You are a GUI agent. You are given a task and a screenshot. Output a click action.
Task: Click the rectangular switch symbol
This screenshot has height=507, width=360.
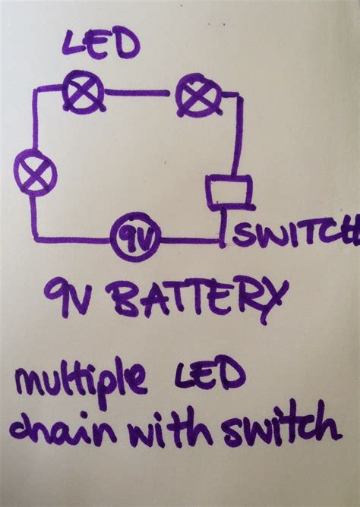click(227, 192)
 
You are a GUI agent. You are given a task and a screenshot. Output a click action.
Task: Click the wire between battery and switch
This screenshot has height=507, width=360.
click(190, 241)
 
